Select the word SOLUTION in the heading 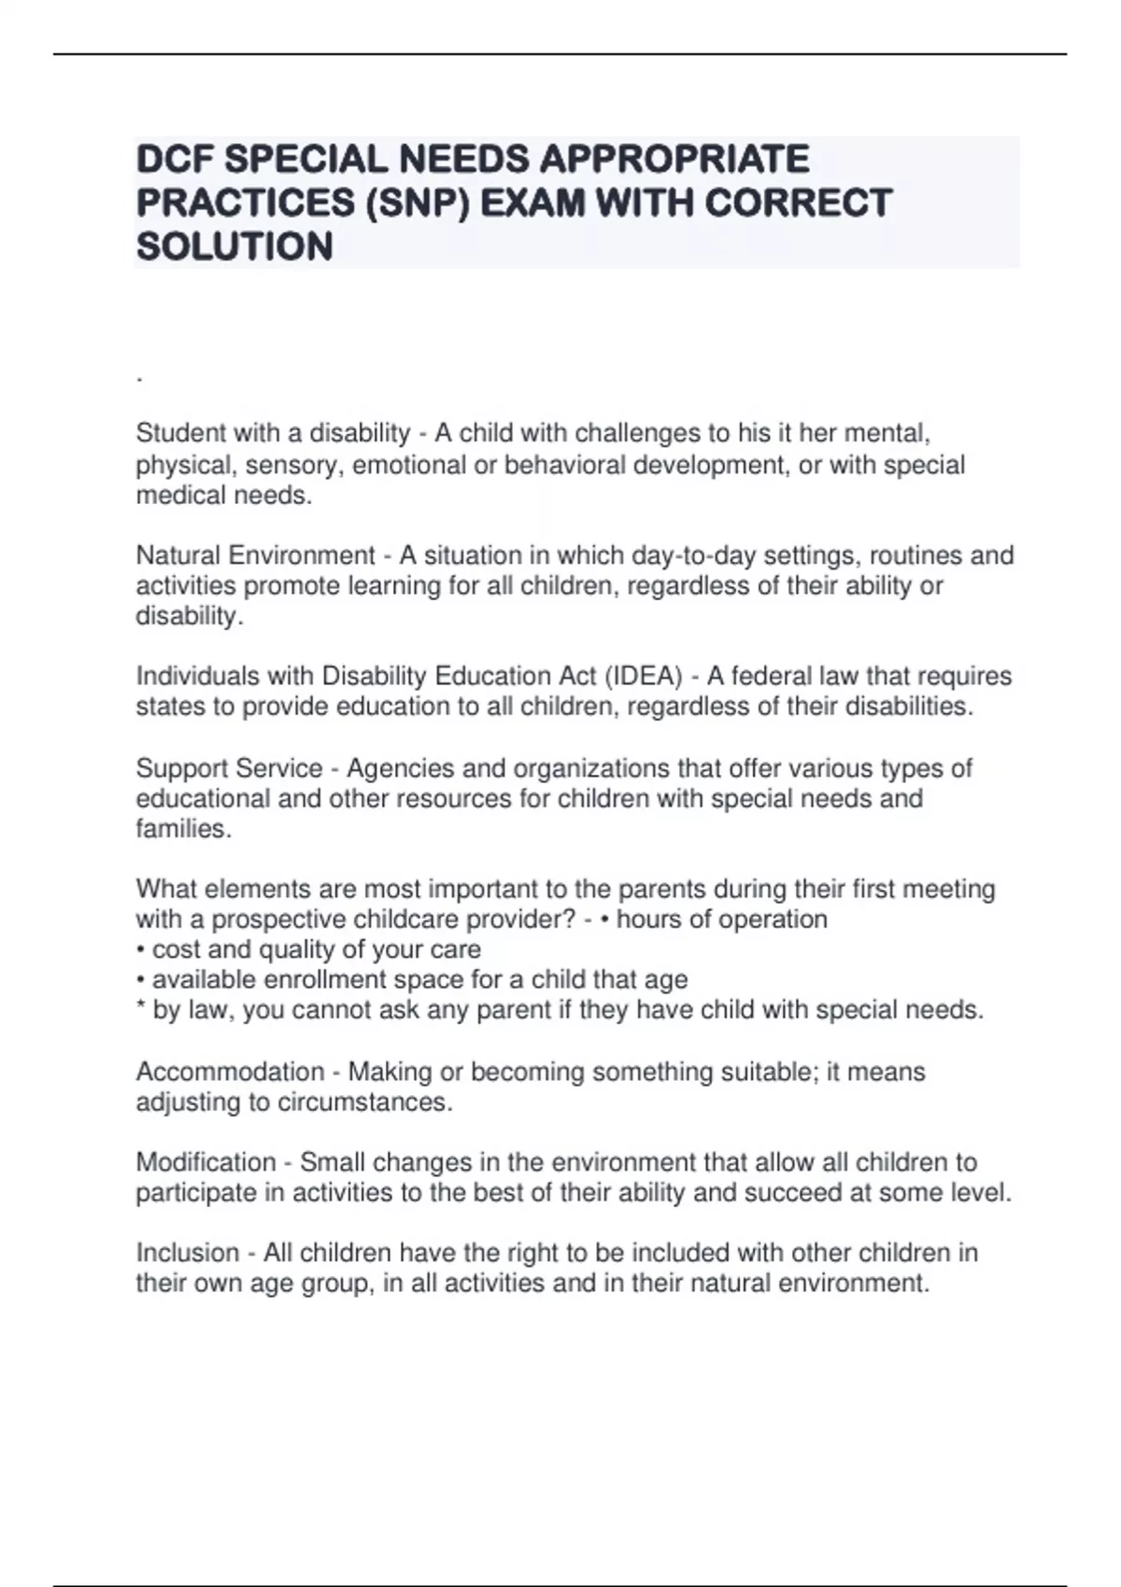pos(234,247)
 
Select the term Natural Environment pos(255,555)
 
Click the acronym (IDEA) pos(644,676)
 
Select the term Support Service pos(229,768)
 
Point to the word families pos(183,829)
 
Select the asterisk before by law pos(140,1008)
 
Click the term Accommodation pos(230,1072)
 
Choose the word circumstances pos(364,1102)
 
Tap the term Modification pos(206,1162)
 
